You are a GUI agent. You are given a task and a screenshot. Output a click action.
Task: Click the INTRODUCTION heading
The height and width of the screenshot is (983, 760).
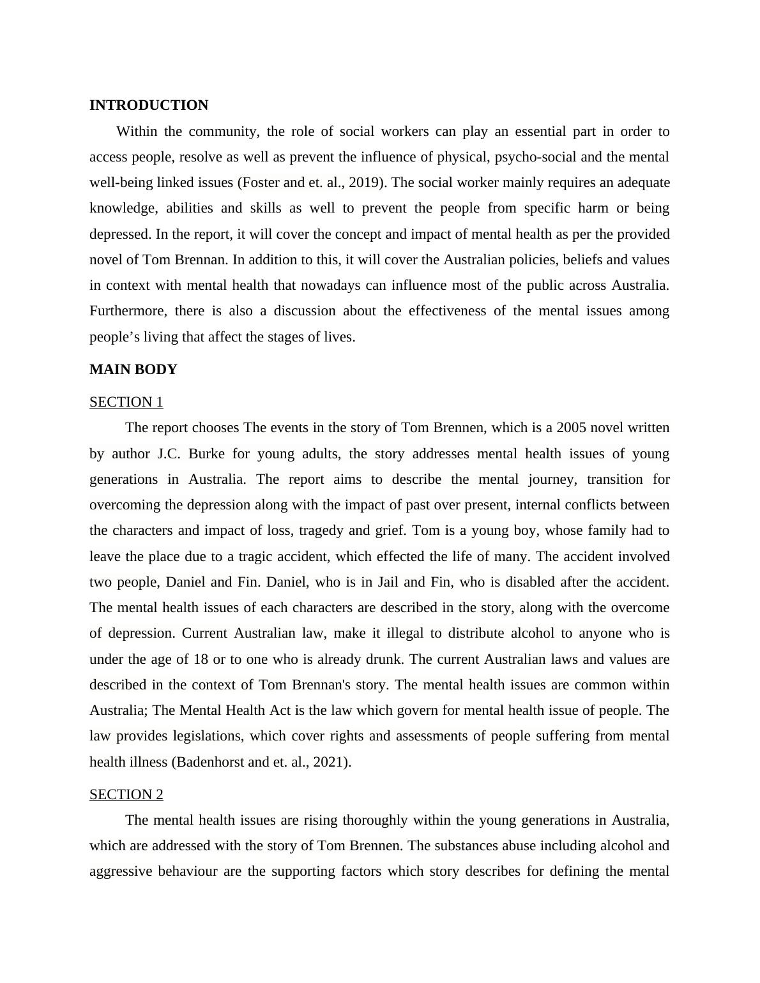(x=148, y=105)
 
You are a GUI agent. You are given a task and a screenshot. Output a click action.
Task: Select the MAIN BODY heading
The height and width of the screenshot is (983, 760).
(x=133, y=370)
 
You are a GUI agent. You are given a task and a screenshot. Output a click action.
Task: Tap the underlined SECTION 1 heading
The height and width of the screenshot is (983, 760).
(x=126, y=402)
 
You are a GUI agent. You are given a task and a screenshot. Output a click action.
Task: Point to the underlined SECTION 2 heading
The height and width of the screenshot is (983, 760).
(x=126, y=795)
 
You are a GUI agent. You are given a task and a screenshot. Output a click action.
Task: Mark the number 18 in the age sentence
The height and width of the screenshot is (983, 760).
(x=201, y=659)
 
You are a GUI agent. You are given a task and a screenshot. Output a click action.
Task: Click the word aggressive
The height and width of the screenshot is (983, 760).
(x=121, y=871)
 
